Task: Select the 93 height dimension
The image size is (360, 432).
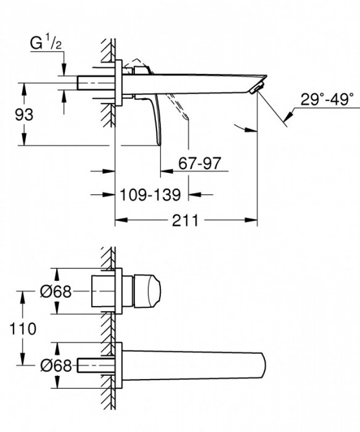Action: click(23, 115)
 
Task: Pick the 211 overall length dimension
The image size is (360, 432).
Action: click(186, 220)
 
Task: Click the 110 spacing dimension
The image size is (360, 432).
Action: click(22, 328)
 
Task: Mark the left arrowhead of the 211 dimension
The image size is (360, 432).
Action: click(118, 220)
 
